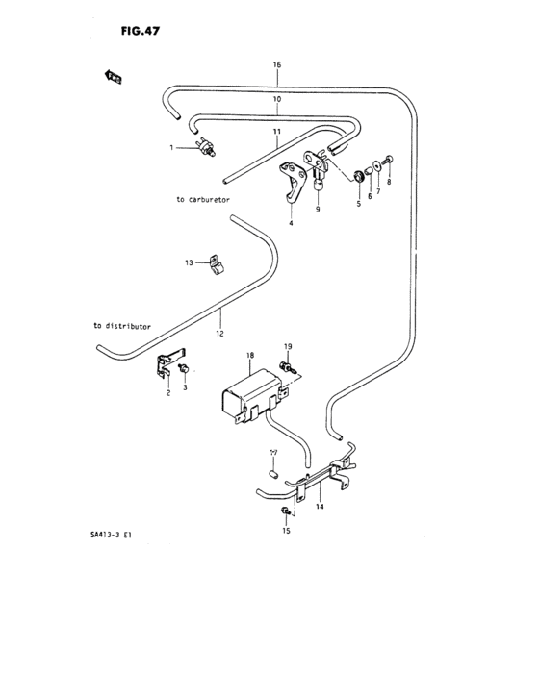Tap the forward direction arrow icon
click(112, 76)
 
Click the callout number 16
click(276, 64)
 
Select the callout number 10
click(276, 99)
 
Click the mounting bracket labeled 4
click(290, 182)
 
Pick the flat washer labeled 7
click(373, 176)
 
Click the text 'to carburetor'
click(203, 200)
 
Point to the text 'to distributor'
click(122, 326)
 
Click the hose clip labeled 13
click(215, 262)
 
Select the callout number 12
click(219, 334)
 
